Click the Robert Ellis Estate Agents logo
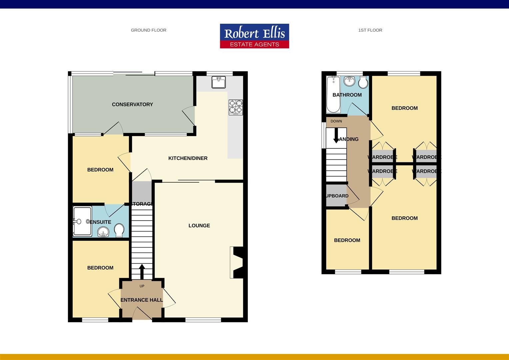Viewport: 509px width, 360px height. [x=254, y=36]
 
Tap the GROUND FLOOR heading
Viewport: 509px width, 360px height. [x=149, y=30]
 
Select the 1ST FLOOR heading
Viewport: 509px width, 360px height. [x=370, y=30]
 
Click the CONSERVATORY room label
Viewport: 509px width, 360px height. [x=132, y=104]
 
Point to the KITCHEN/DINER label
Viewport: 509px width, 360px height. [x=188, y=158]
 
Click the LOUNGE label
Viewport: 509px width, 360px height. [x=199, y=225]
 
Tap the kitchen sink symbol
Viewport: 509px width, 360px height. [x=219, y=82]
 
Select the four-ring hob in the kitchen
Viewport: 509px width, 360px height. [x=236, y=107]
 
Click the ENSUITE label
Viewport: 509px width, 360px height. [x=100, y=222]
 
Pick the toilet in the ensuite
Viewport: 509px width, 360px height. [x=119, y=230]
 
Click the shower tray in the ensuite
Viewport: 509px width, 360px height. [x=82, y=222]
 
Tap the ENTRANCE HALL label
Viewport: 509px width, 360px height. [x=142, y=300]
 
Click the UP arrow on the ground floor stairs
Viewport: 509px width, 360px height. [x=142, y=271]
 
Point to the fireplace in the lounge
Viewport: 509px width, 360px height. [x=237, y=262]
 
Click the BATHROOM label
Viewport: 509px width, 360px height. [x=347, y=95]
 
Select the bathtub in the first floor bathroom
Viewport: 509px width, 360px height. [x=333, y=94]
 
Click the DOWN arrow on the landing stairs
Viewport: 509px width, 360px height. [x=336, y=135]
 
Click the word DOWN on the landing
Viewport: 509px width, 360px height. [x=336, y=121]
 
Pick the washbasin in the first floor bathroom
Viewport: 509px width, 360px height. [x=349, y=81]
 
